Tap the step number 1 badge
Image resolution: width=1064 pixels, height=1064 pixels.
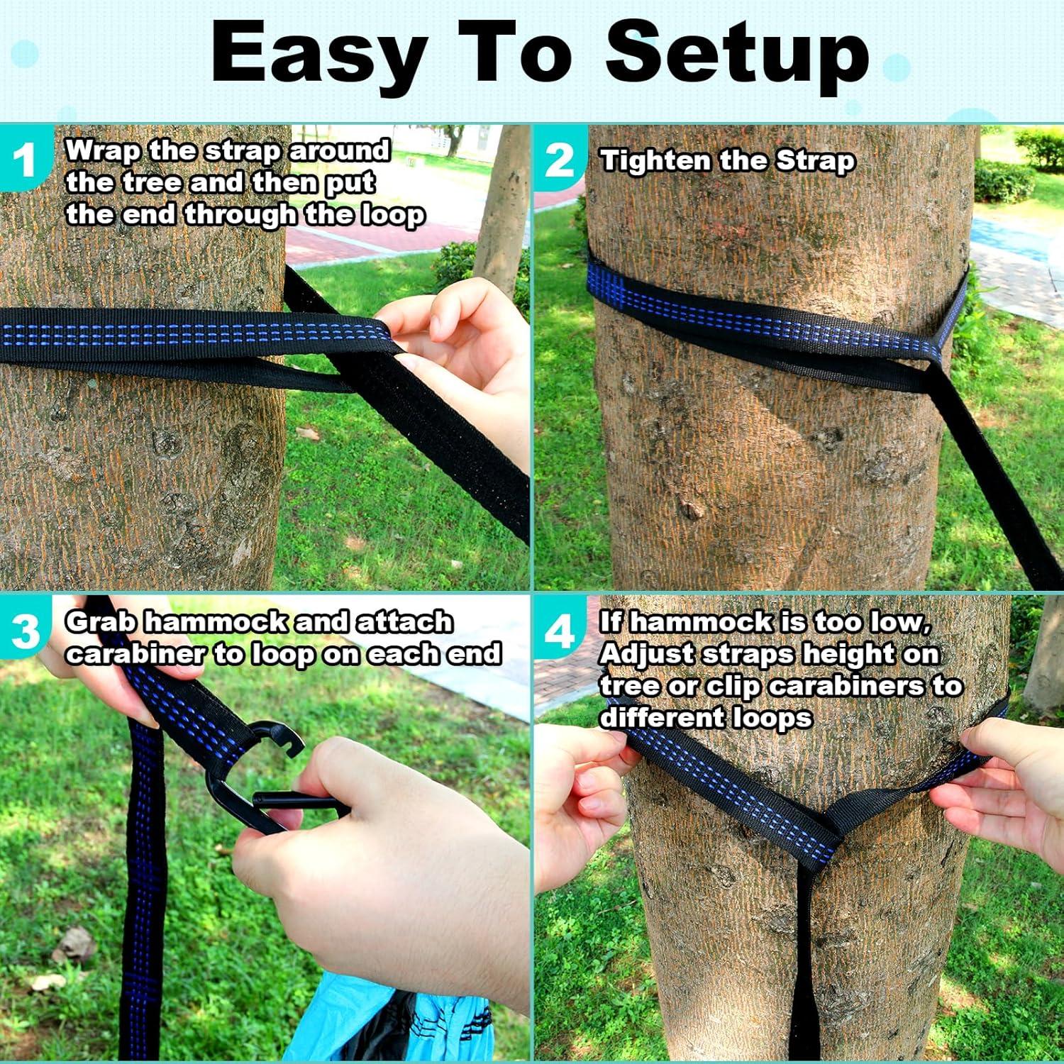25,160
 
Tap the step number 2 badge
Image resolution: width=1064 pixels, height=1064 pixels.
560,160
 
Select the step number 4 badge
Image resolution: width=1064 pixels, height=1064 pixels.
560,631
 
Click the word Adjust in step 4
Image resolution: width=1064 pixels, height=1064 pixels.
647,654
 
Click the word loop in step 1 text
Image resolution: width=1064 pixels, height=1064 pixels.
392,215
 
